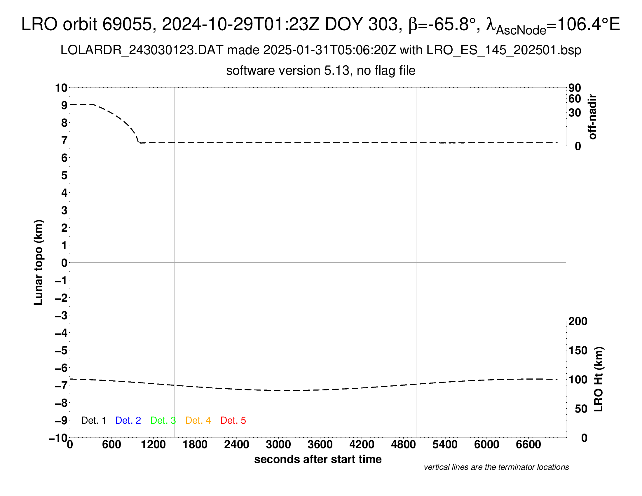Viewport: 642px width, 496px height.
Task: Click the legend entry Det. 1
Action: click(93, 420)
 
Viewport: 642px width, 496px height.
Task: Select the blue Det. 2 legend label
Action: click(128, 420)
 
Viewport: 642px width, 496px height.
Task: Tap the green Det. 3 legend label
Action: click(163, 420)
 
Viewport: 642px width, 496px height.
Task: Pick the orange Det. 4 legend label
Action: click(198, 420)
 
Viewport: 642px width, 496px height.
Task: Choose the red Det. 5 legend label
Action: click(233, 420)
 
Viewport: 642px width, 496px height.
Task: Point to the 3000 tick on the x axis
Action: click(278, 445)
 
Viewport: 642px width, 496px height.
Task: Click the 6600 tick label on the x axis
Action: click(528, 445)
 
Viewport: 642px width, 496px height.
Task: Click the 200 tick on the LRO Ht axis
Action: click(578, 321)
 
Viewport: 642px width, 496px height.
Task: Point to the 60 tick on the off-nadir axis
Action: click(575, 99)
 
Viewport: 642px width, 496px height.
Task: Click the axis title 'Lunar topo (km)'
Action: click(39, 262)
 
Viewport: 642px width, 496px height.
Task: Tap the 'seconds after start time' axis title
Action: click(318, 459)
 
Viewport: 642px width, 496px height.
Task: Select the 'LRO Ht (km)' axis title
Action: click(599, 379)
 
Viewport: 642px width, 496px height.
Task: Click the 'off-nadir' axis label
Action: click(592, 117)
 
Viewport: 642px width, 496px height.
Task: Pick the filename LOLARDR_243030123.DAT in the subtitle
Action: click(142, 50)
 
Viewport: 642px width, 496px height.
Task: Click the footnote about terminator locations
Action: click(496, 467)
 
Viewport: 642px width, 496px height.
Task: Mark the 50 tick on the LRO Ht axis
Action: click(581, 409)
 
